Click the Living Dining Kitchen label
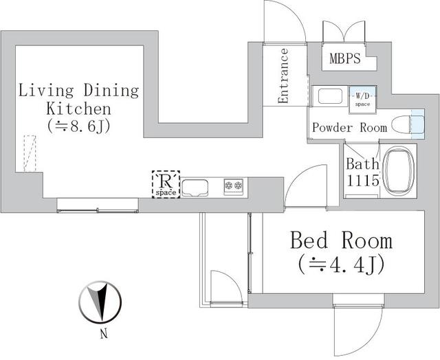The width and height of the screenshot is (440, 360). (x=78, y=100)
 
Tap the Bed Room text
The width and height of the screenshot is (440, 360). (x=341, y=240)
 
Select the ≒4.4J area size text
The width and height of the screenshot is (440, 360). (x=341, y=263)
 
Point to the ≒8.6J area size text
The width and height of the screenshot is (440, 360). (x=79, y=126)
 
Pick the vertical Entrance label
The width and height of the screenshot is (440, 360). (x=283, y=76)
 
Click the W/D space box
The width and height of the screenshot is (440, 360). (x=362, y=98)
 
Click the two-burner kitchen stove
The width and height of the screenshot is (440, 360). (x=234, y=185)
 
